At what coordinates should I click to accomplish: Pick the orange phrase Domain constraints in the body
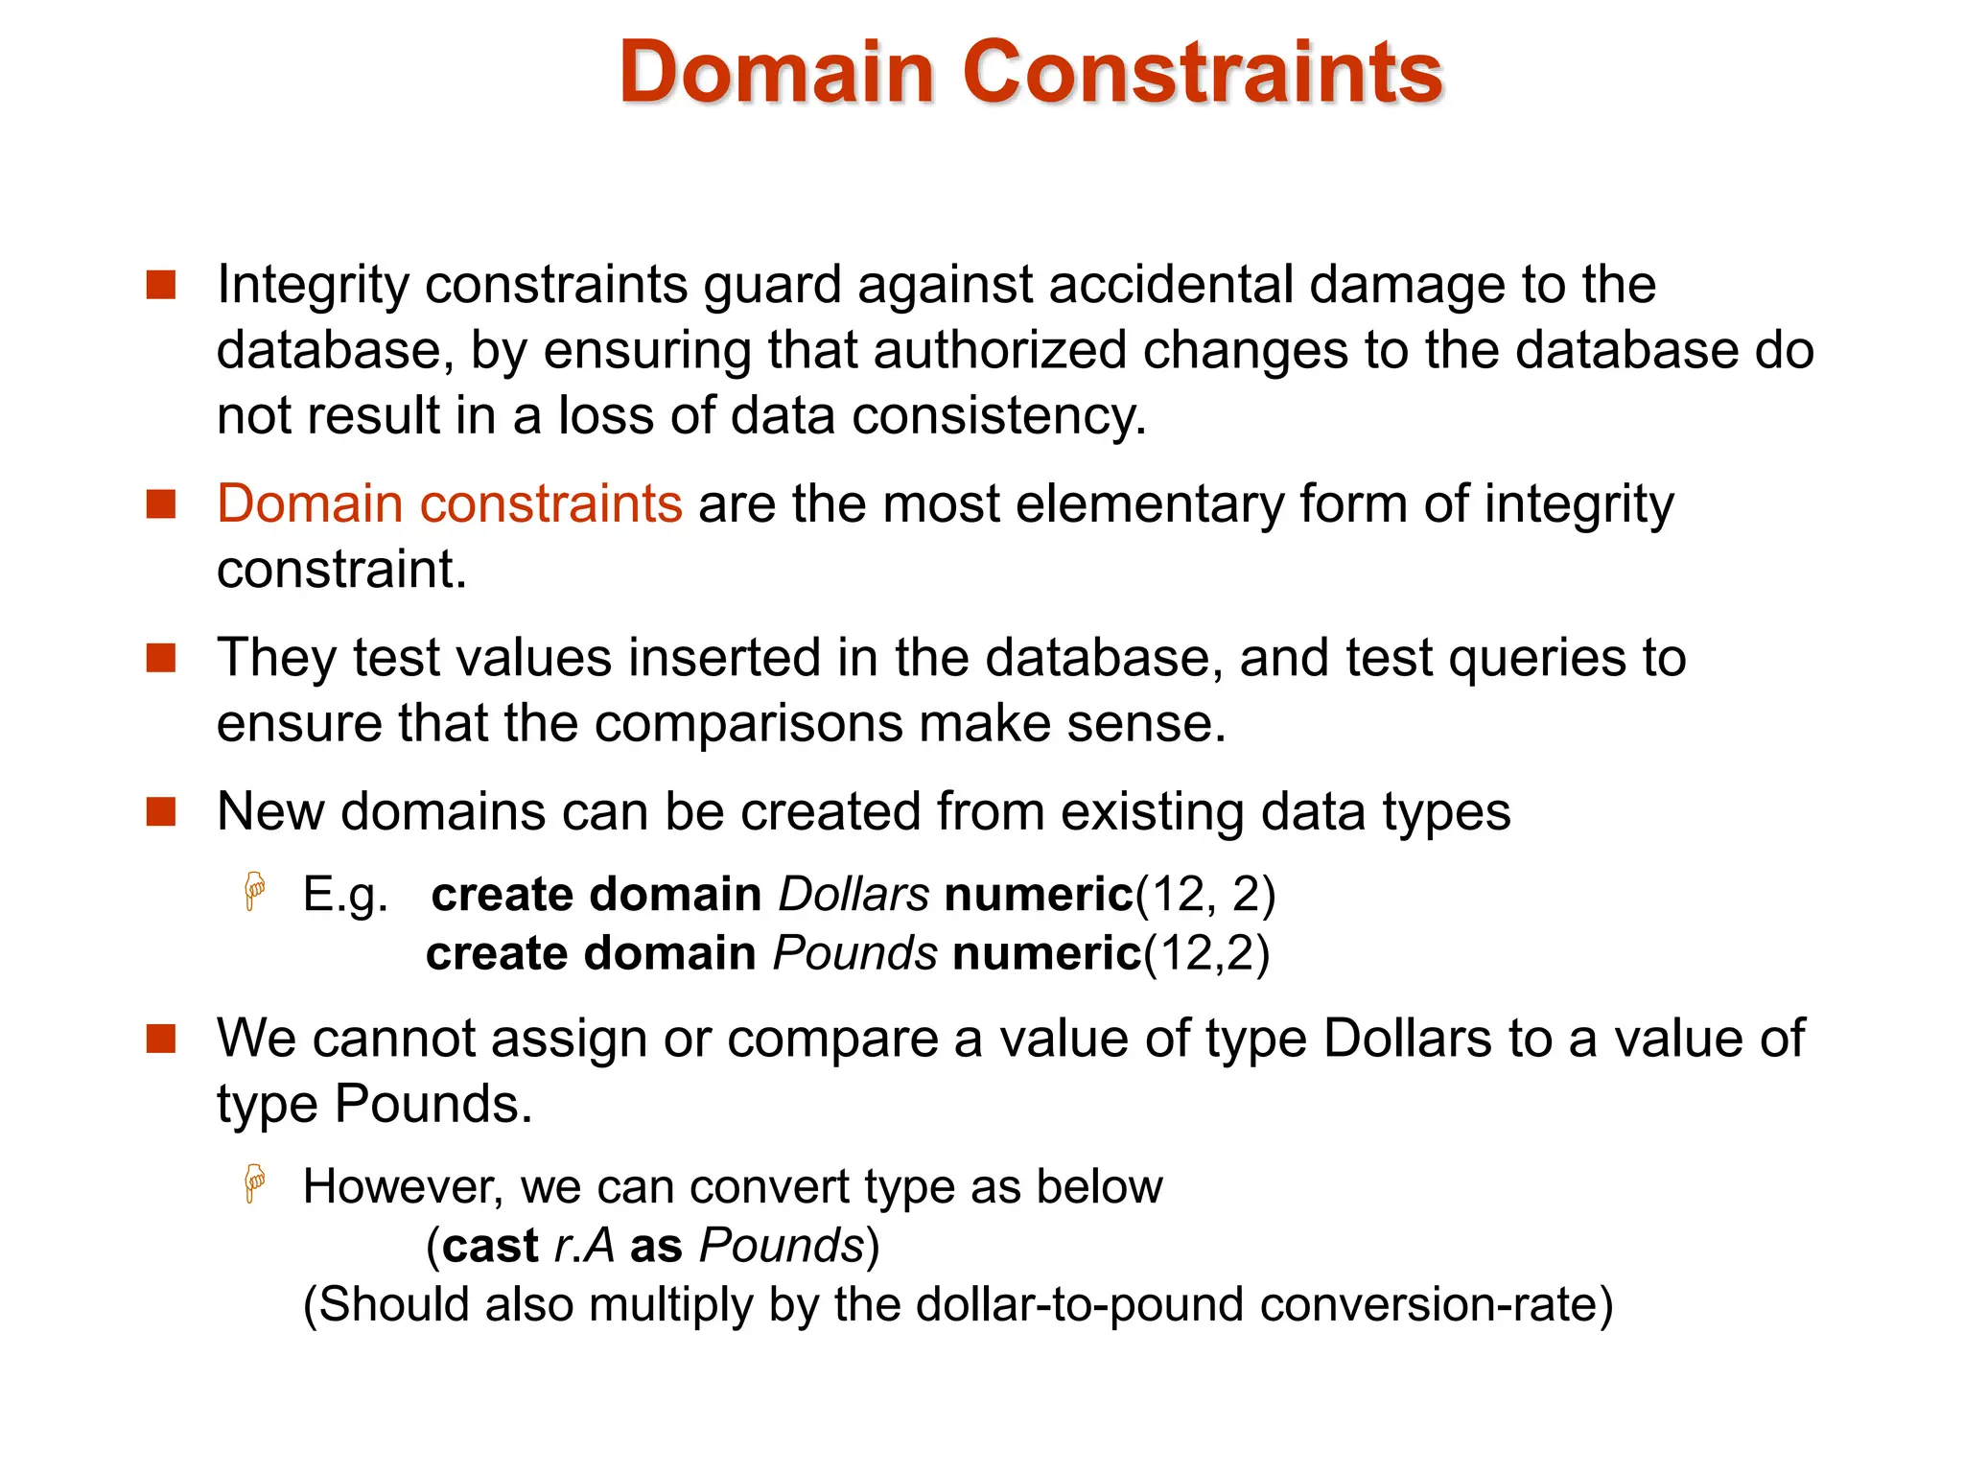tap(449, 504)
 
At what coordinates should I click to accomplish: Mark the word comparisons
tap(748, 723)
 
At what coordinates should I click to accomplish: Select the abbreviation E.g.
tap(345, 895)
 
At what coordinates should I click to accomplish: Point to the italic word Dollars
tap(853, 895)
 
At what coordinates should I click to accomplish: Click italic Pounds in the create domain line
tap(854, 954)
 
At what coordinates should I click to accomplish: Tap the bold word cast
tap(490, 1246)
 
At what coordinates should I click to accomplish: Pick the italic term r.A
tap(584, 1246)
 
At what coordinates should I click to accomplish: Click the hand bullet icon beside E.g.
tap(255, 891)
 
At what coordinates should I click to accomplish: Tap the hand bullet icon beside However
tap(255, 1183)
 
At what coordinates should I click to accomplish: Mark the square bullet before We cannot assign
tap(161, 1039)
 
